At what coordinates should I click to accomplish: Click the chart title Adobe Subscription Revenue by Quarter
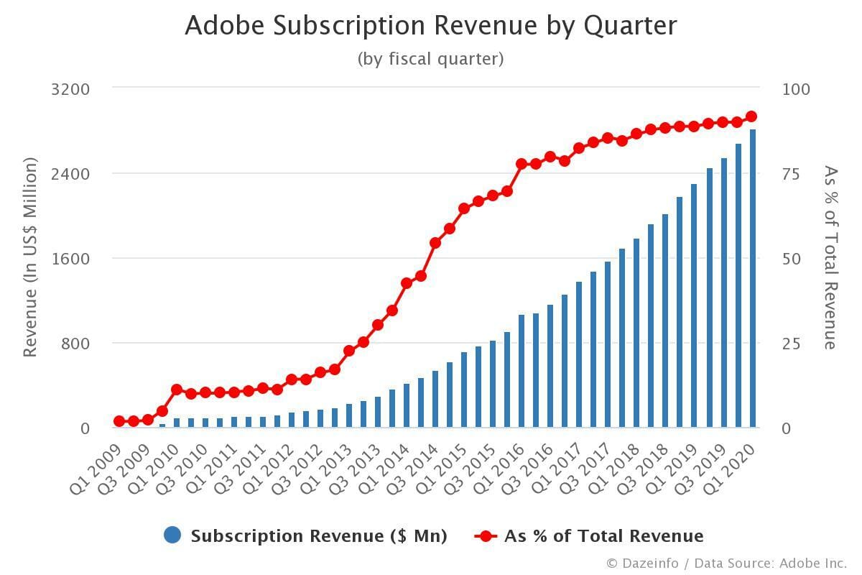pyautogui.click(x=430, y=26)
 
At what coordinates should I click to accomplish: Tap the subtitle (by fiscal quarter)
pyautogui.click(x=430, y=59)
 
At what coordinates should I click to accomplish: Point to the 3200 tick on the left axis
pyautogui.click(x=70, y=89)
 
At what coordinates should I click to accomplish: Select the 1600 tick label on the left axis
pyautogui.click(x=70, y=259)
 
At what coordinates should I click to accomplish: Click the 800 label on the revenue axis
pyautogui.click(x=75, y=344)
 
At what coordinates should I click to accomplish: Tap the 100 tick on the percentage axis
pyautogui.click(x=795, y=89)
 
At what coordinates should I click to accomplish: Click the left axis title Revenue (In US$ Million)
pyautogui.click(x=29, y=259)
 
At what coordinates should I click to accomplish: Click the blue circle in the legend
pyautogui.click(x=172, y=535)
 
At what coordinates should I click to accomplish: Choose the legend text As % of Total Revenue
pyautogui.click(x=603, y=536)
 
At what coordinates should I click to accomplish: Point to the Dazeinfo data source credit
pyautogui.click(x=726, y=563)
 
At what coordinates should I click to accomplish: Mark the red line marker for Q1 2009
pyautogui.click(x=119, y=421)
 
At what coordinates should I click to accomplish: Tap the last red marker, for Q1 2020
pyautogui.click(x=752, y=116)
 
